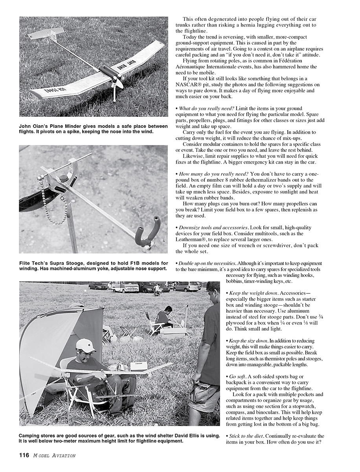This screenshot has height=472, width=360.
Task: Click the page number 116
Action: pos(24,455)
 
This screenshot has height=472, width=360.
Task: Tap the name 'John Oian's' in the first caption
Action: pos(35,126)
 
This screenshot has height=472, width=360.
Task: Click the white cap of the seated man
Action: pos(86,345)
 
